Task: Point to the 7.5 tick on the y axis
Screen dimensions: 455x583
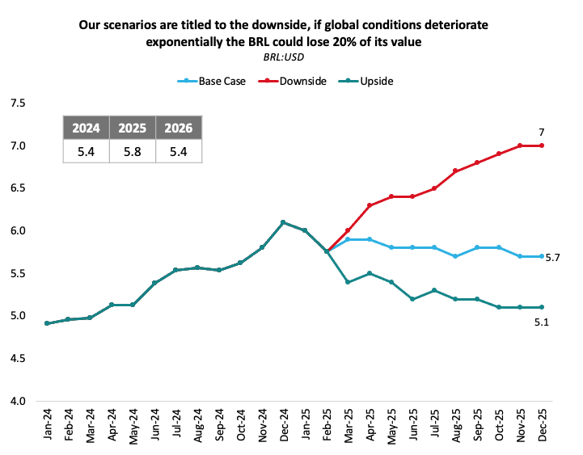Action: click(17, 103)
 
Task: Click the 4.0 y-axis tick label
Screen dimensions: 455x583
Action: click(17, 401)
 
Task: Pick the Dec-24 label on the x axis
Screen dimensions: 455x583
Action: click(283, 425)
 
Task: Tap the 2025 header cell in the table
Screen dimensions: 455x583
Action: click(133, 128)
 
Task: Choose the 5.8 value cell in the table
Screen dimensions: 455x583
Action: click(133, 151)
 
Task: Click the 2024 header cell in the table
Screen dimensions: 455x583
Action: click(87, 128)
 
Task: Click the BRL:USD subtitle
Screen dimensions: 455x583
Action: click(283, 56)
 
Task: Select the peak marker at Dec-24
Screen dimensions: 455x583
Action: click(283, 222)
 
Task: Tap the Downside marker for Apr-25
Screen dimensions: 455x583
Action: click(369, 205)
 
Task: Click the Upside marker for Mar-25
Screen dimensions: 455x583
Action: click(347, 282)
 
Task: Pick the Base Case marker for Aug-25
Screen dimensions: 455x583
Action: click(455, 256)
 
